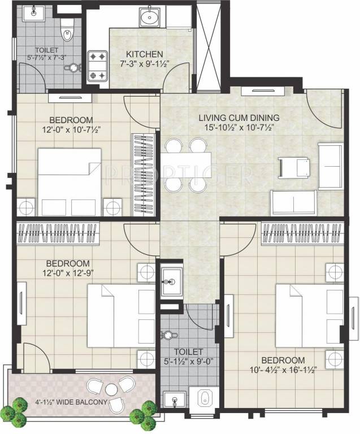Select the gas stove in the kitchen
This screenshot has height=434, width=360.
coord(96,66)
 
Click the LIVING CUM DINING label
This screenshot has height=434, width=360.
coord(239,118)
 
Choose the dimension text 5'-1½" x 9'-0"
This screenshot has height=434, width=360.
coord(189,362)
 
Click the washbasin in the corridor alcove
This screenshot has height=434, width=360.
coord(170,279)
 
